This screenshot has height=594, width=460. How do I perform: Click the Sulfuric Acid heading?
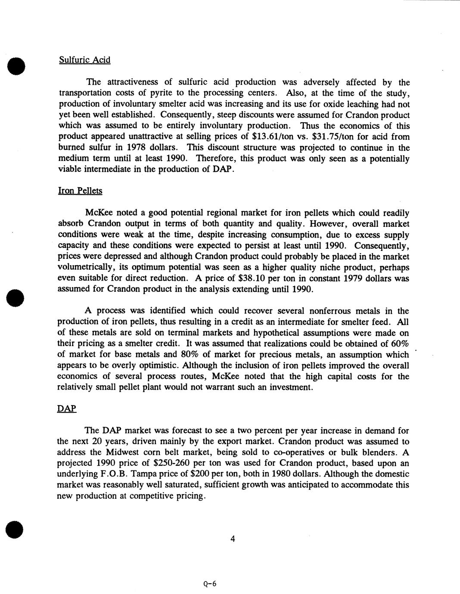(84, 60)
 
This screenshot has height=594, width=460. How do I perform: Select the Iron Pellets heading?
(80, 191)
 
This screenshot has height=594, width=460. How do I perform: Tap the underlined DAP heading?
(67, 408)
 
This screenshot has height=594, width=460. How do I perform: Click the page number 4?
(232, 539)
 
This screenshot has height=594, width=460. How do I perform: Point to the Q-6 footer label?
(210, 584)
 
